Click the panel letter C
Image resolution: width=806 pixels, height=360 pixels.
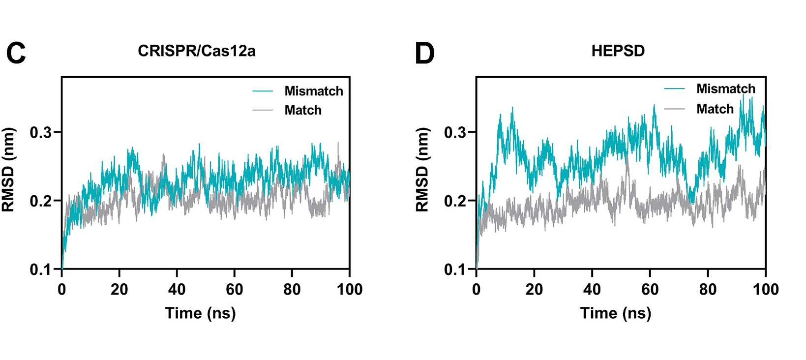pyautogui.click(x=16, y=53)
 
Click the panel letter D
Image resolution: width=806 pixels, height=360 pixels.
pyautogui.click(x=424, y=53)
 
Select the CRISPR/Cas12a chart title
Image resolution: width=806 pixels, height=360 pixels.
pyautogui.click(x=197, y=51)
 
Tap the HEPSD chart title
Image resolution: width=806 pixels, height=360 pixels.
pyautogui.click(x=618, y=51)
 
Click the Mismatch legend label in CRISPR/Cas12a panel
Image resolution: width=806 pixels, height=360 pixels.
pyautogui.click(x=314, y=91)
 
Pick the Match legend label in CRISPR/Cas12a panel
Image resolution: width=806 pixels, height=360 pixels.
pyautogui.click(x=303, y=110)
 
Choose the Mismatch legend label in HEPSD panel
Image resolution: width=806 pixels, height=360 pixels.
pyautogui.click(x=726, y=89)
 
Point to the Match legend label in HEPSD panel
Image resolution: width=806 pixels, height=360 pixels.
pyautogui.click(x=715, y=109)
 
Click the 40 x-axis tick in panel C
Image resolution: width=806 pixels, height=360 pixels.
pyautogui.click(x=177, y=289)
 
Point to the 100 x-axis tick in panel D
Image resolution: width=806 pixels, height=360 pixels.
pyautogui.click(x=766, y=289)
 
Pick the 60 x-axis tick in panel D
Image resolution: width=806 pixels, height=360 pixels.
pyautogui.click(x=650, y=289)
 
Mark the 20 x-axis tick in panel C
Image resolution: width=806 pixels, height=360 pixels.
pyautogui.click(x=119, y=289)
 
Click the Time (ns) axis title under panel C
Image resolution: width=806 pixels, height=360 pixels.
pyautogui.click(x=200, y=313)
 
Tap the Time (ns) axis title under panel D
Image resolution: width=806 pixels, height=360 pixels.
pyautogui.click(x=615, y=313)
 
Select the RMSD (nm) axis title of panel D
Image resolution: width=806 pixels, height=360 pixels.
pyautogui.click(x=422, y=170)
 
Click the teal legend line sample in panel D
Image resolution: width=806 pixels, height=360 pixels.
pyautogui.click(x=674, y=89)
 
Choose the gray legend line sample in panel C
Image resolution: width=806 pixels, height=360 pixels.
pyautogui.click(x=263, y=110)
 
